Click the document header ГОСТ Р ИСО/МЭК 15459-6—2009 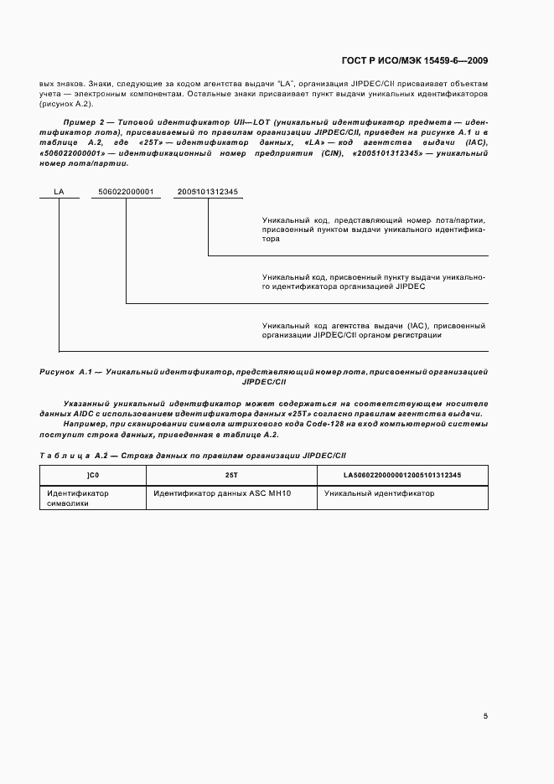point(416,60)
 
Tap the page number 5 point(485,715)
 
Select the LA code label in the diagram point(59,192)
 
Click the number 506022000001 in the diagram point(126,192)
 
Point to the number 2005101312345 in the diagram point(207,192)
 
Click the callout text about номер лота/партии point(373,229)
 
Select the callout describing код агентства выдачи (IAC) point(373,330)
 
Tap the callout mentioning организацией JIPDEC point(373,281)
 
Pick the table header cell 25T point(231,475)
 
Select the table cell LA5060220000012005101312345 point(402,475)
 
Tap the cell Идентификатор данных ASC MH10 point(220,493)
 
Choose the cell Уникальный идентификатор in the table point(377,493)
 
